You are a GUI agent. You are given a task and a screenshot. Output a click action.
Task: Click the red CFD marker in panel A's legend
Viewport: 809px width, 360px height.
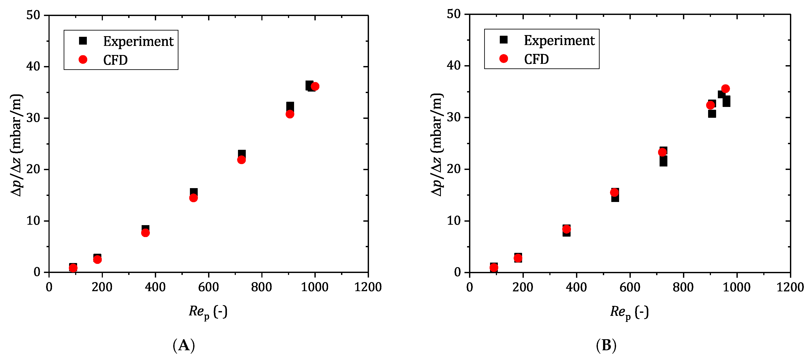tap(83, 60)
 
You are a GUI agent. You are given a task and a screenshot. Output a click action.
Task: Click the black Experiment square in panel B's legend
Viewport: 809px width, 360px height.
tap(503, 40)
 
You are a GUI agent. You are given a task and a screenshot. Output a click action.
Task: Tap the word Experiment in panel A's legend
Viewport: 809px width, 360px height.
tap(138, 41)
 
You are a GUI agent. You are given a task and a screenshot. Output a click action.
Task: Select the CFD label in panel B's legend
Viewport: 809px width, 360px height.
tap(536, 59)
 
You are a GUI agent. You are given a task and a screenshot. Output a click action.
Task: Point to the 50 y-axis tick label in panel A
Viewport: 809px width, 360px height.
tap(33, 15)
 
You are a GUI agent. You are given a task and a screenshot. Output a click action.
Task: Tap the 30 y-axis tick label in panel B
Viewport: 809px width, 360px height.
tap(453, 117)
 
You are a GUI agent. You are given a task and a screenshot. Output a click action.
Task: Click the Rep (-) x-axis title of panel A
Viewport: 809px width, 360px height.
tap(208, 312)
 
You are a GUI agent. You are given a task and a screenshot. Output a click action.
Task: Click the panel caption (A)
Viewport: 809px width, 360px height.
tap(184, 345)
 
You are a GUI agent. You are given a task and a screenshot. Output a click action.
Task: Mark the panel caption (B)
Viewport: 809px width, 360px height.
tap(606, 345)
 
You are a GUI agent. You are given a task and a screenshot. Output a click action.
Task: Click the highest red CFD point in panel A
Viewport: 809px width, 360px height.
tap(315, 86)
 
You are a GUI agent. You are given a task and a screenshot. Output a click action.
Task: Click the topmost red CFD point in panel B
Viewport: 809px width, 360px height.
tap(725, 89)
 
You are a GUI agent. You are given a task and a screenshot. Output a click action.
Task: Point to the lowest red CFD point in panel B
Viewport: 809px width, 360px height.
tap(494, 267)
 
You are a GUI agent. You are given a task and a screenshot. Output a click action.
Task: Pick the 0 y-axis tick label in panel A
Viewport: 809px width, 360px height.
tap(37, 272)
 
